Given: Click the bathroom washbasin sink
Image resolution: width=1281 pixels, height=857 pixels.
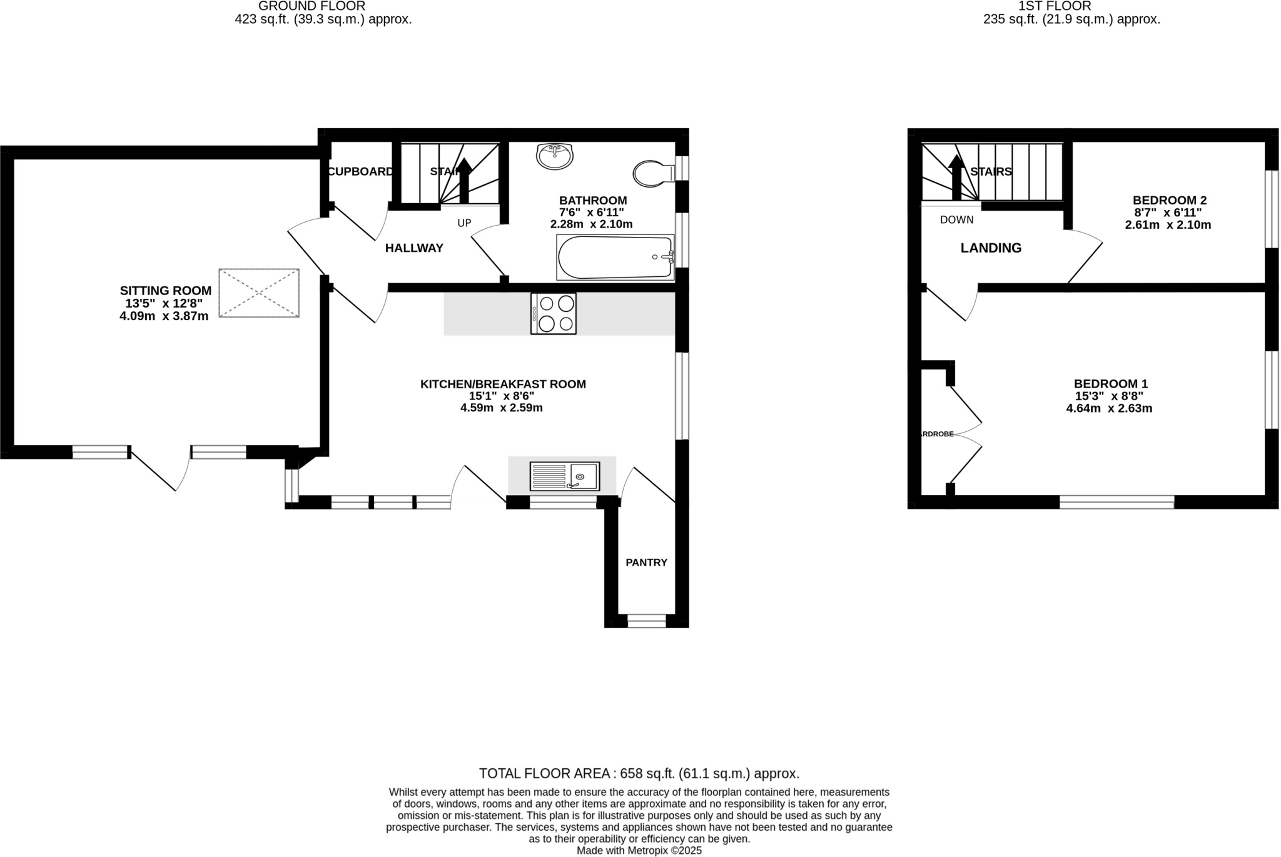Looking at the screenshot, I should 554,156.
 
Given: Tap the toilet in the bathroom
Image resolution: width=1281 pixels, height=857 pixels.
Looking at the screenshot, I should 652,173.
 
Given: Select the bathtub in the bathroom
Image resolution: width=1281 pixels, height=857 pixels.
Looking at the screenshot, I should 615,258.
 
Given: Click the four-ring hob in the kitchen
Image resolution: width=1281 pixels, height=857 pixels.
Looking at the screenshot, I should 554,313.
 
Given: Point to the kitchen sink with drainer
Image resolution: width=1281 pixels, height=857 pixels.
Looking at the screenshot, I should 564,476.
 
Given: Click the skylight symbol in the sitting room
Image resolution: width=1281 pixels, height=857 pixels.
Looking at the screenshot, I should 259,293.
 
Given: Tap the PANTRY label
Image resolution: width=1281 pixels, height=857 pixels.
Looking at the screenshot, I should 646,563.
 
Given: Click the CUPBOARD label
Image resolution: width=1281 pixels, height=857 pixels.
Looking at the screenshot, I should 361,172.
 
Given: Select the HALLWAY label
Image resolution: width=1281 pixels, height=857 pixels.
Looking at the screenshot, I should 414,248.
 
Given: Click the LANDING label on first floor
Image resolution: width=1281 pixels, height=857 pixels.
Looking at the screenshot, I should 991,248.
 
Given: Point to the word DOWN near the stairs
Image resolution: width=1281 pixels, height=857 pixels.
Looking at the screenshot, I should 956,220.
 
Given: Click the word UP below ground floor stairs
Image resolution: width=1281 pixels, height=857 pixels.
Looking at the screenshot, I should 464,223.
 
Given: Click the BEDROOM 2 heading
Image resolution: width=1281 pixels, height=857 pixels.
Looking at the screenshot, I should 1169,201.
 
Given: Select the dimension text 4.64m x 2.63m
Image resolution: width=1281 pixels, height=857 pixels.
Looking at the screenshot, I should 1109,409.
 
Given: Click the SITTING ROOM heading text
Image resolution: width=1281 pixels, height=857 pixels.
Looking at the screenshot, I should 166,291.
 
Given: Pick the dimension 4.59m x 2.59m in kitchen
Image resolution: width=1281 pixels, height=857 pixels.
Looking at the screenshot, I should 501,408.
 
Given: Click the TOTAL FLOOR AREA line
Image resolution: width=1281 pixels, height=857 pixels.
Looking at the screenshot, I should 639,773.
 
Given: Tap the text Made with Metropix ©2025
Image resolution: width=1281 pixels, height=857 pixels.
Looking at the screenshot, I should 639,851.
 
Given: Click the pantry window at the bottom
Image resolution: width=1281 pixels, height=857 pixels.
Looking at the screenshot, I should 646,621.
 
